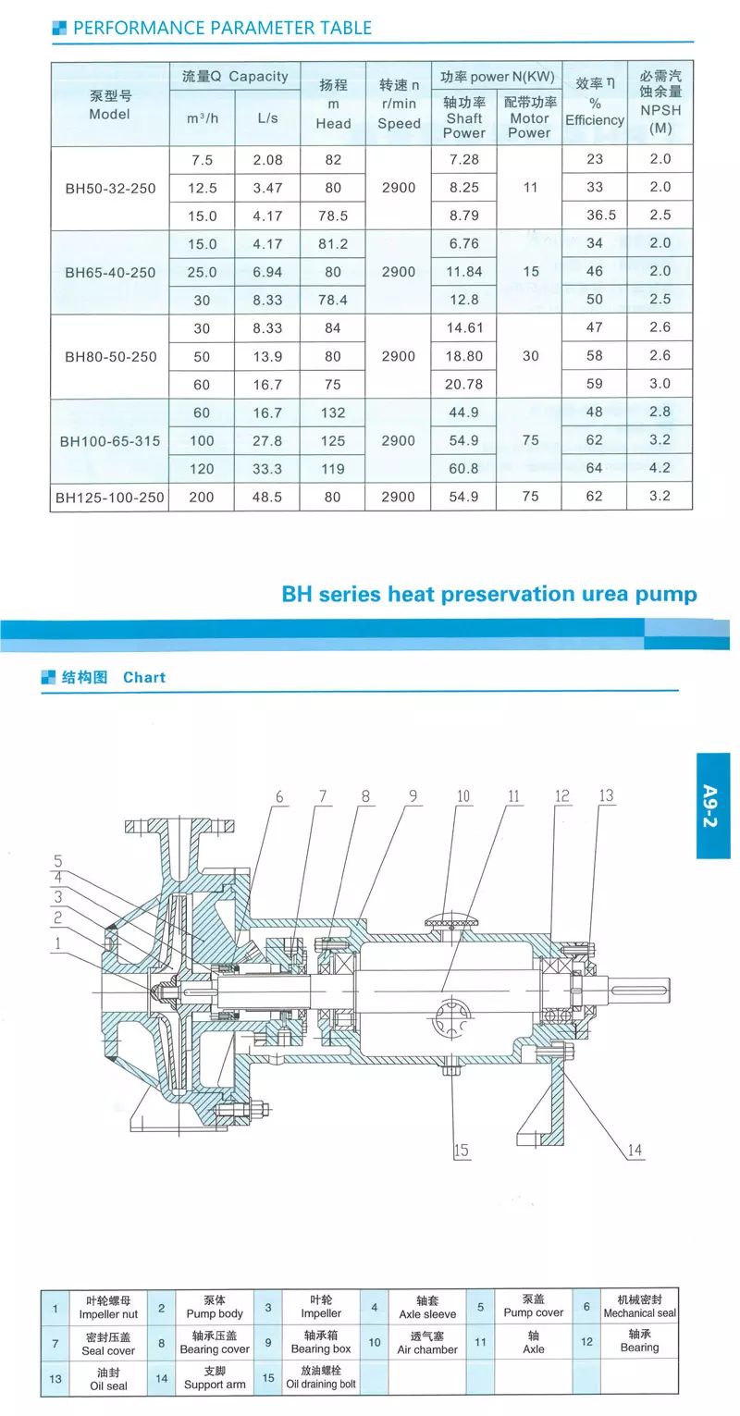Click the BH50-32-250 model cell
(x=110, y=189)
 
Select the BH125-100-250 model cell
(x=110, y=498)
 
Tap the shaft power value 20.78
(x=463, y=385)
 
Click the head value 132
(x=333, y=412)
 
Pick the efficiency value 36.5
(x=595, y=215)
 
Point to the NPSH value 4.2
(x=660, y=468)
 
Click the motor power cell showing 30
(x=531, y=356)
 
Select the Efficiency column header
(x=595, y=103)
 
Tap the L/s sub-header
(x=267, y=118)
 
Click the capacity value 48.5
(x=267, y=498)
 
